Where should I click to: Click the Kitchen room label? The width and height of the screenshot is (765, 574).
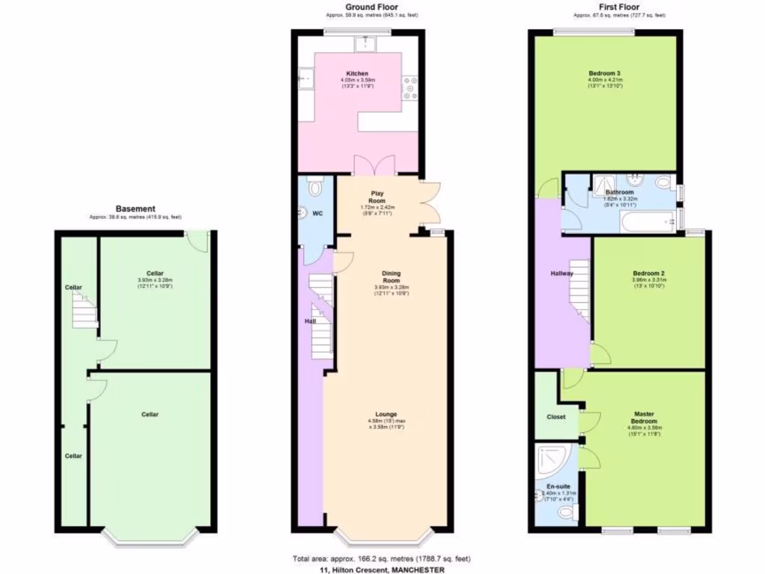pos(357,73)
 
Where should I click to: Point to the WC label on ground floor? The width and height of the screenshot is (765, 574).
pos(317,214)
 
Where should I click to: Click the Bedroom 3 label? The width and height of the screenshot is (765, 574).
pos(604,73)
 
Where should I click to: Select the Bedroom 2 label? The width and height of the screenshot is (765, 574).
pos(648,274)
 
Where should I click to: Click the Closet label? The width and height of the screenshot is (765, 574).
pos(556,417)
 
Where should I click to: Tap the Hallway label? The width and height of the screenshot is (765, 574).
pos(561,274)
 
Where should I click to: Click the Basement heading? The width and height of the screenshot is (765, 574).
pos(135,209)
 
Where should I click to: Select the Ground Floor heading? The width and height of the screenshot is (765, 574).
pos(365,7)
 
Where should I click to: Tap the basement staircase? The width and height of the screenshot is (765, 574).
pos(84,312)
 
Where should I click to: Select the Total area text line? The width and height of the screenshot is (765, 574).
pos(381,559)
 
